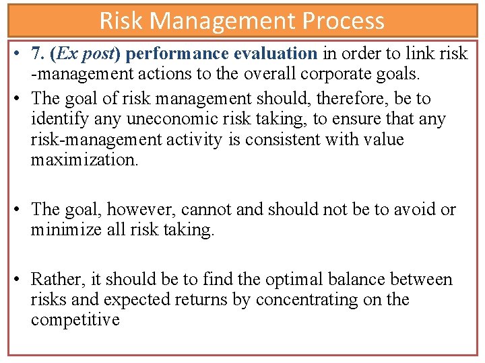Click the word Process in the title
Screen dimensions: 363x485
344,21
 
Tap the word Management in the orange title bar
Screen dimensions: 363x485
225,21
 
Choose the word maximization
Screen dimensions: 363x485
84,160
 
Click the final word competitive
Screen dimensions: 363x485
75,320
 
